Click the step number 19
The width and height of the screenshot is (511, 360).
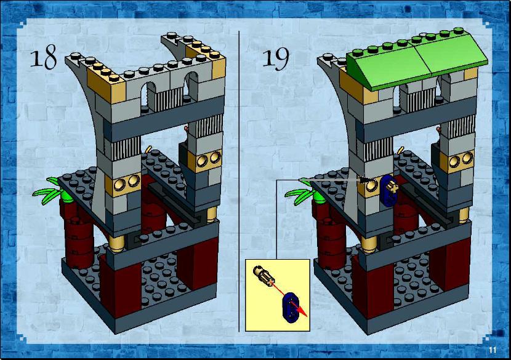276,59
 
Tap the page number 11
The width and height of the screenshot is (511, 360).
493,350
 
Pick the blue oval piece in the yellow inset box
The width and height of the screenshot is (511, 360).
290,307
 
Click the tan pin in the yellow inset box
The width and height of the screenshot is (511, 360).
264,276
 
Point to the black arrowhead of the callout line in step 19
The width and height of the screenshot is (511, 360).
365,179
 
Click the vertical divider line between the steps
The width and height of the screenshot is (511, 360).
239,181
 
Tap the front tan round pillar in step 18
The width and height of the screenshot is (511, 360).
116,243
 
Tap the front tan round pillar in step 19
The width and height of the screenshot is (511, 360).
369,244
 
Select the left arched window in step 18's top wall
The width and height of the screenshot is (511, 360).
148,95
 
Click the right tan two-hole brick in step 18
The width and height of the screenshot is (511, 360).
205,160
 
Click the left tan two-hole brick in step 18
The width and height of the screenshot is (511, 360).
123,184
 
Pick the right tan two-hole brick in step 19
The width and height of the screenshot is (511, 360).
457,161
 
